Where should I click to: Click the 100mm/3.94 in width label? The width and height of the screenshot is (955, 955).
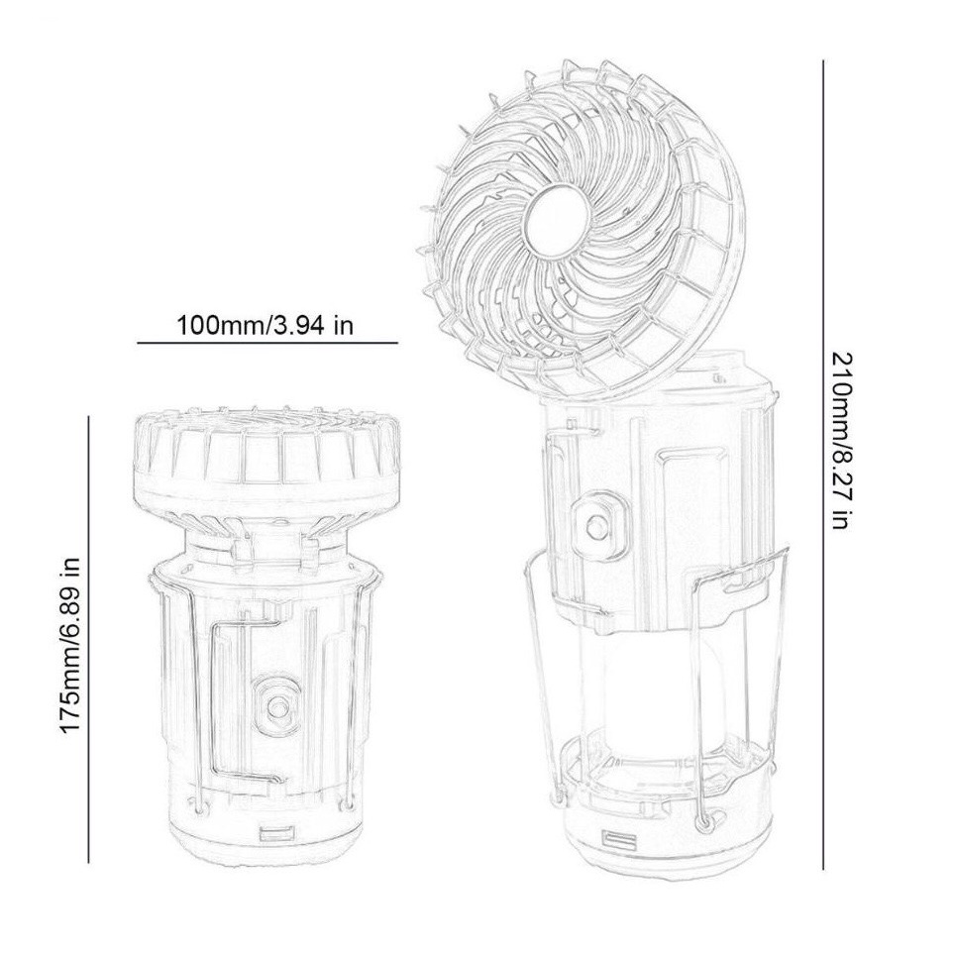[265, 325]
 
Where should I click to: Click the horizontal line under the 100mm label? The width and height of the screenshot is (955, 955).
[266, 343]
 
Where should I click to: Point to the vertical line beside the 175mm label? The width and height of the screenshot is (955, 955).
[88, 639]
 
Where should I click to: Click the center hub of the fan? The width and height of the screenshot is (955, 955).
[559, 223]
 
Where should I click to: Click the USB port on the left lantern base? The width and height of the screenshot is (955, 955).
[276, 835]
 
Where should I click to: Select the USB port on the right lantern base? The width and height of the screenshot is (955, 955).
[619, 839]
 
